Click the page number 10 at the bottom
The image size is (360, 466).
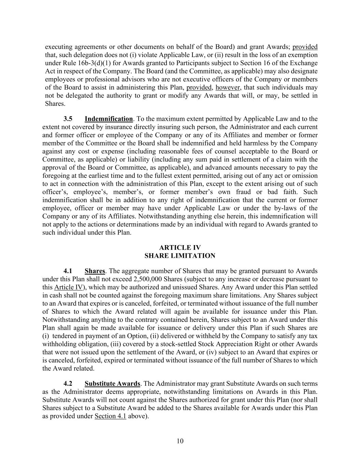(180, 441)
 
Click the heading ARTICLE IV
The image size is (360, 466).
(180, 248)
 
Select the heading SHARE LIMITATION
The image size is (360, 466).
(180, 256)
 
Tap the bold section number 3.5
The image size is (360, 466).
(68, 119)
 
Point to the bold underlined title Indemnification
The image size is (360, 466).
(109, 119)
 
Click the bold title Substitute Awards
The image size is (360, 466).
(112, 383)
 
